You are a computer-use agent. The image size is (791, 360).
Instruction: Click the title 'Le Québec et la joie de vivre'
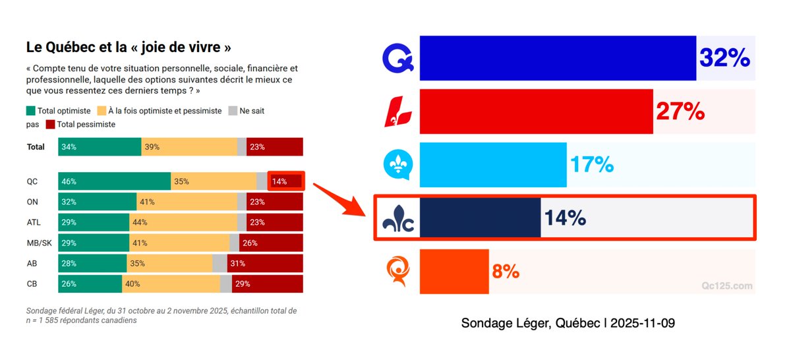(x=129, y=47)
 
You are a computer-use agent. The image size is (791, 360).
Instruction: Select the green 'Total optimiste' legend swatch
(x=31, y=111)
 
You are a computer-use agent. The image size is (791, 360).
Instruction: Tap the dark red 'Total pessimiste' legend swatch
(x=50, y=124)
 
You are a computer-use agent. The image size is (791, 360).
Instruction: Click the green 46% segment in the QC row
(x=114, y=181)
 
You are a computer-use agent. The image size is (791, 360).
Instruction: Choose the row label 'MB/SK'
(x=39, y=243)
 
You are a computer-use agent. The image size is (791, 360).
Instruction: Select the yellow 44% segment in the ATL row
(x=183, y=222)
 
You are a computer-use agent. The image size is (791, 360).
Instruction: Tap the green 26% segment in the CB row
(x=90, y=284)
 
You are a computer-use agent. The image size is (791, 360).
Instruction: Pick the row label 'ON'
(x=32, y=202)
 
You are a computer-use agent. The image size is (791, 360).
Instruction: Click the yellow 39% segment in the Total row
(x=189, y=147)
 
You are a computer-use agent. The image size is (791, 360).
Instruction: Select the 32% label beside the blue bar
(x=724, y=58)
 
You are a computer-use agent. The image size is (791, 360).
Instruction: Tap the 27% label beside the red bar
(x=680, y=111)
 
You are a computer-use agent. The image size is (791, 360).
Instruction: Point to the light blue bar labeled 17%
(x=492, y=164)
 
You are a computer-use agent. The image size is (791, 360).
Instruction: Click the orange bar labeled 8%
(x=454, y=271)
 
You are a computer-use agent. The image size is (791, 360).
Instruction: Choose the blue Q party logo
(x=398, y=58)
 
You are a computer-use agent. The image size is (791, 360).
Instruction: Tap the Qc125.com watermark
(x=726, y=285)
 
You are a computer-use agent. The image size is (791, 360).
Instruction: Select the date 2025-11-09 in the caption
(x=643, y=324)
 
